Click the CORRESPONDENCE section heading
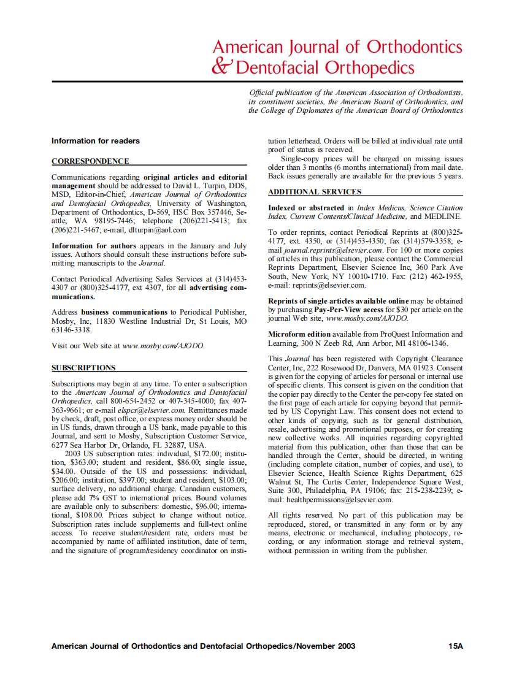tap(90, 161)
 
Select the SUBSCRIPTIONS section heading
tap(83, 368)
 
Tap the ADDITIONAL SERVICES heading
tap(314, 192)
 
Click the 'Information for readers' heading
tap(96, 141)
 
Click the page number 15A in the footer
tap(455, 646)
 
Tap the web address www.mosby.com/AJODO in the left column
tap(164, 346)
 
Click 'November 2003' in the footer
tap(326, 646)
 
